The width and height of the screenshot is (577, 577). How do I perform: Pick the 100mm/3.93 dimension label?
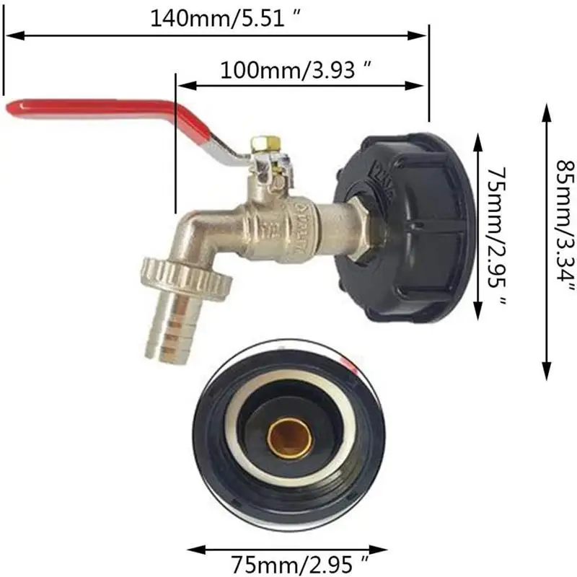(x=296, y=69)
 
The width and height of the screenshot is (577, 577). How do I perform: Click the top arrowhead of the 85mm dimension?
(x=547, y=106)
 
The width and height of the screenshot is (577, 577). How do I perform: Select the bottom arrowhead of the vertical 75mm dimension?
(x=477, y=314)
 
